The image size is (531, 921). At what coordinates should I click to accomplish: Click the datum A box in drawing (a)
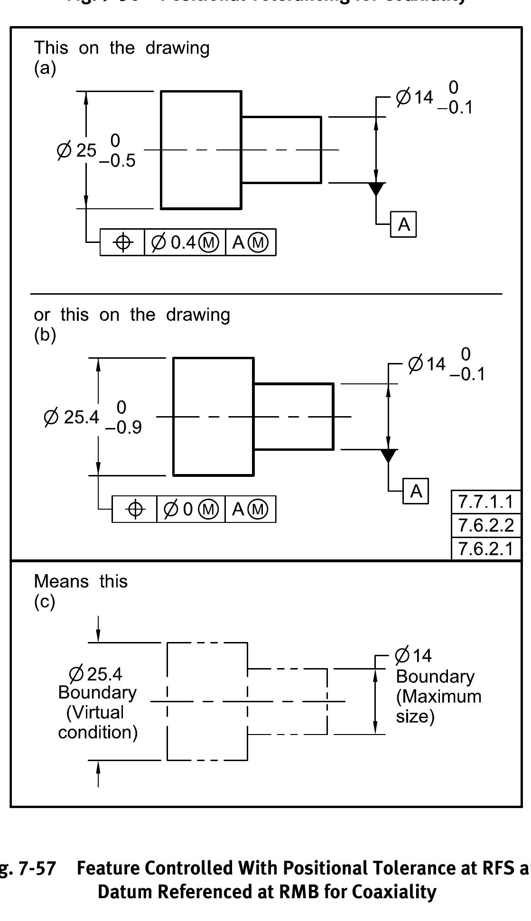pyautogui.click(x=403, y=224)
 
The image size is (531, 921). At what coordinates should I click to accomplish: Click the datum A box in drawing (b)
pyautogui.click(x=416, y=491)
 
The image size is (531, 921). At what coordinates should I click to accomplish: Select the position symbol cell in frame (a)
pyautogui.click(x=122, y=242)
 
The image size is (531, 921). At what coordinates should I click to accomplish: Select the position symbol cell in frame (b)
pyautogui.click(x=135, y=509)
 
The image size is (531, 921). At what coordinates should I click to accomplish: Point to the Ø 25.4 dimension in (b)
pyautogui.click(x=71, y=417)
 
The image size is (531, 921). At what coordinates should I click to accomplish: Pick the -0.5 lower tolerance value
pyautogui.click(x=117, y=161)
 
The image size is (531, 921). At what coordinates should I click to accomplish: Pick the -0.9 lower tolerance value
pyautogui.click(x=123, y=428)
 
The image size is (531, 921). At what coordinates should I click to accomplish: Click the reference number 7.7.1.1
pyautogui.click(x=486, y=502)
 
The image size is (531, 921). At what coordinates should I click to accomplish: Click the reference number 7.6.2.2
pyautogui.click(x=486, y=525)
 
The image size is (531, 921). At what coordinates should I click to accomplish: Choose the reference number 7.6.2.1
pyautogui.click(x=486, y=549)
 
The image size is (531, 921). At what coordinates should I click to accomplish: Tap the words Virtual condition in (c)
pyautogui.click(x=97, y=722)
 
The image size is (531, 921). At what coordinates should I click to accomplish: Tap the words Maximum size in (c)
pyautogui.click(x=438, y=707)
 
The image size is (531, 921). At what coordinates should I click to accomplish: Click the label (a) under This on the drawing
pyautogui.click(x=45, y=68)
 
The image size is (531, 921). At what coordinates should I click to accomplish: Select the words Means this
pyautogui.click(x=81, y=581)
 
